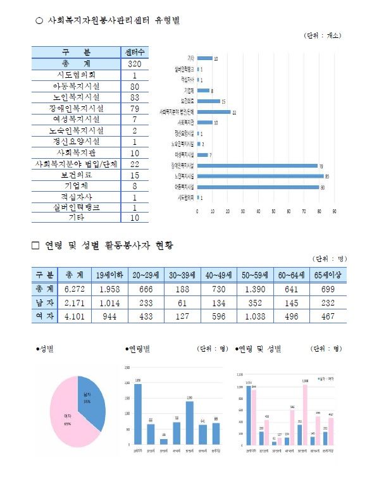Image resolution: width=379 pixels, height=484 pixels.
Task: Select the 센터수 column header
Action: [x=135, y=53]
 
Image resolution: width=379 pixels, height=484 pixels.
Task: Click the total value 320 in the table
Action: [x=135, y=64]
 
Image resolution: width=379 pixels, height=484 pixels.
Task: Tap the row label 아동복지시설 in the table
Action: [x=77, y=86]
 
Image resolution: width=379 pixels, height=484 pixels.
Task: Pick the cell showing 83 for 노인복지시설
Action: [x=135, y=97]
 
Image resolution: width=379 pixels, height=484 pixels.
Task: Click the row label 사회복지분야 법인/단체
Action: [x=77, y=164]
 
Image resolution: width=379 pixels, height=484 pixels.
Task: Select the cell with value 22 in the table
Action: [x=135, y=164]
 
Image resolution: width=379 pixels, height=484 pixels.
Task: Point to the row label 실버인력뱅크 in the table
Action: [x=77, y=207]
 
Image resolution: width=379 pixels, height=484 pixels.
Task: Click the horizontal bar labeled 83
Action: [x=260, y=177]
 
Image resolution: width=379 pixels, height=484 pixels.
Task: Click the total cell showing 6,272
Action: [x=75, y=289]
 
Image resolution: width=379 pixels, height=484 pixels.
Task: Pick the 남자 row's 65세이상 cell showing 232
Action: [x=328, y=302]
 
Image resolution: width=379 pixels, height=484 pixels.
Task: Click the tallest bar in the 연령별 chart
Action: [x=138, y=414]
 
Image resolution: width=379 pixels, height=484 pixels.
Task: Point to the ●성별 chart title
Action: [x=46, y=349]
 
